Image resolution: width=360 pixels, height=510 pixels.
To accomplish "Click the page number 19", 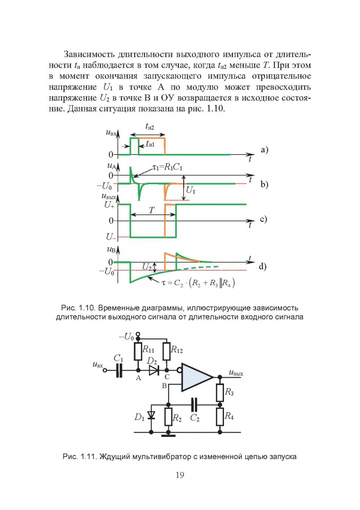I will (x=180, y=476).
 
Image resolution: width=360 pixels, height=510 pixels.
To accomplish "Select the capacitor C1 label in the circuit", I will (x=119, y=359).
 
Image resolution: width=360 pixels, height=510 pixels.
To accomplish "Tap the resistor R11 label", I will (x=148, y=350).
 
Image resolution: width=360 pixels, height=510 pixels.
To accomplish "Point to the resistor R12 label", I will (x=177, y=350).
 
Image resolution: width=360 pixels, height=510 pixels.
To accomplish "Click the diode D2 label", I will (x=152, y=361).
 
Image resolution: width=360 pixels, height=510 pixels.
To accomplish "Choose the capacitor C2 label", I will (x=195, y=417).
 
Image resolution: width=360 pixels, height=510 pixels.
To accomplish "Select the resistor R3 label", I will (x=229, y=392).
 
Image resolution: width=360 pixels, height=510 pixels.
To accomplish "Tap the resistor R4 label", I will (x=229, y=416).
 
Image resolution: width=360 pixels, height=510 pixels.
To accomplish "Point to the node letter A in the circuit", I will (x=138, y=379).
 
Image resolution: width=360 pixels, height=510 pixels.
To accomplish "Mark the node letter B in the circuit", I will (x=164, y=386).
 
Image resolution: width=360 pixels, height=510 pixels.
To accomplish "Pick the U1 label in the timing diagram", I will (x=191, y=190).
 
